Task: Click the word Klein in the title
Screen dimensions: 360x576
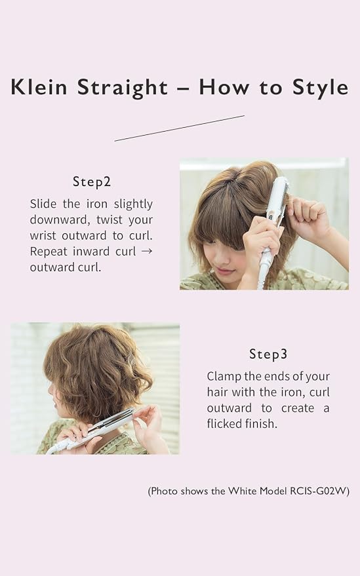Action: [39, 86]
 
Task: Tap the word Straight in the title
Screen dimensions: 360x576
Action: [123, 88]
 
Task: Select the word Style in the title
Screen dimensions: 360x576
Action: [320, 88]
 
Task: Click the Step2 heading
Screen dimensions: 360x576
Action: [92, 182]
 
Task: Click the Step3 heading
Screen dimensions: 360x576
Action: [268, 354]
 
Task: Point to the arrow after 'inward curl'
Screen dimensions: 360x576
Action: [147, 251]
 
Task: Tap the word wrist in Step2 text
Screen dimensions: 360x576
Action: [42, 235]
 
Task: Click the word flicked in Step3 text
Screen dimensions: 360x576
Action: [226, 424]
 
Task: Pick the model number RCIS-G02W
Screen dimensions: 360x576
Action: [318, 491]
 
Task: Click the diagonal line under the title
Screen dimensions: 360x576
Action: [180, 128]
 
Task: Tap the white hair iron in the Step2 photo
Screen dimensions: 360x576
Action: [274, 224]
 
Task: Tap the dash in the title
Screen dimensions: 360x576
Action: [183, 89]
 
